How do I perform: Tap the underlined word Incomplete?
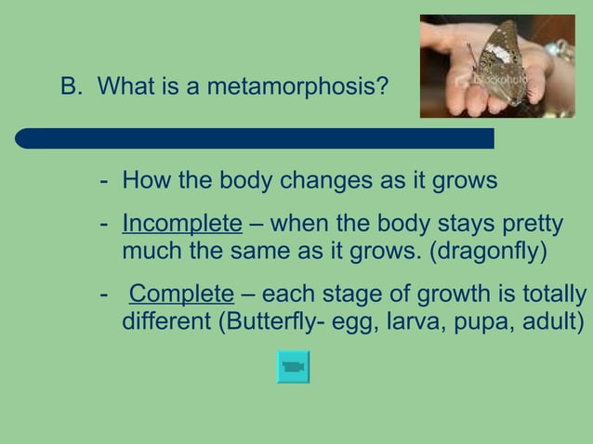coord(182,225)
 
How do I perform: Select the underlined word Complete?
coord(181,295)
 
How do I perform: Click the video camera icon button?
coord(293,367)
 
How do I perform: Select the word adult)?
coord(552,323)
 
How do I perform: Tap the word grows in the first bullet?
coord(467,180)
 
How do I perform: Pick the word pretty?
coord(533,226)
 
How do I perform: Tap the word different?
coord(165,323)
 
